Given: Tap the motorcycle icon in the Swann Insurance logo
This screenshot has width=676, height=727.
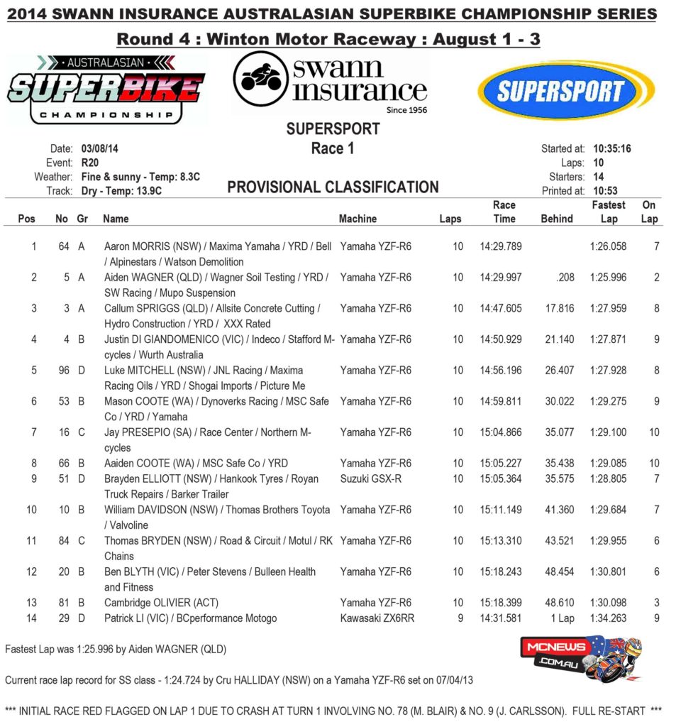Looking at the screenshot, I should [x=262, y=79].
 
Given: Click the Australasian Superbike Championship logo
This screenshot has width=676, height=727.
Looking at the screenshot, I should [x=106, y=90].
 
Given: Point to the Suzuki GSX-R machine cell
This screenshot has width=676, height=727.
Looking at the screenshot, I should [x=370, y=479].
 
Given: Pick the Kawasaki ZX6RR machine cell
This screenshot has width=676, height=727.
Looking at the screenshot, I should [x=377, y=618].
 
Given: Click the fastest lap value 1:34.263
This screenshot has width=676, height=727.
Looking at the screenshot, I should [x=608, y=618].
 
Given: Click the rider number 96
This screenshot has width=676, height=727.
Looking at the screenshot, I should [x=61, y=371].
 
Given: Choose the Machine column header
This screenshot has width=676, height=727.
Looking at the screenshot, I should [x=358, y=219].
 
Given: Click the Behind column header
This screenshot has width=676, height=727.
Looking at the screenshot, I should [x=556, y=219].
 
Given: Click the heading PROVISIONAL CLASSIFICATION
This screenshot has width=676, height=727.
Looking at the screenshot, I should [x=333, y=187].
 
